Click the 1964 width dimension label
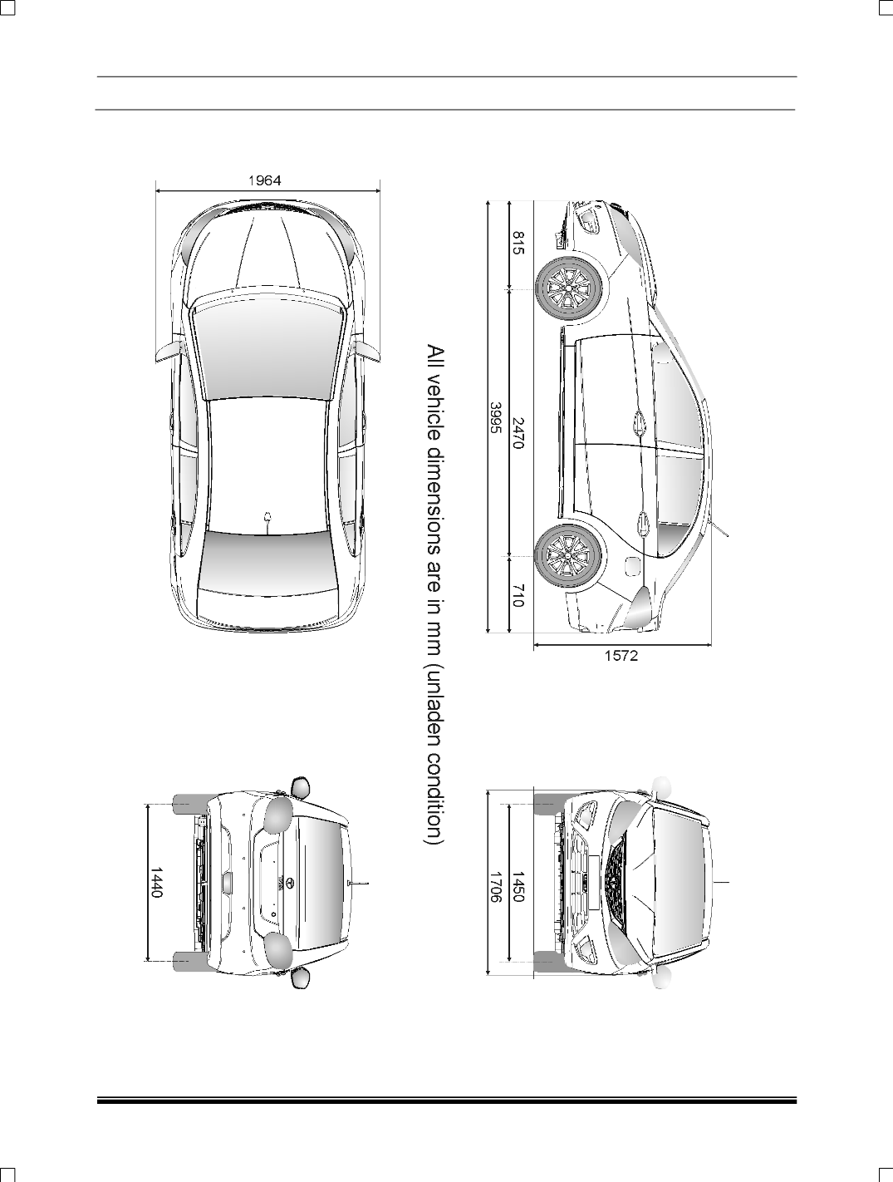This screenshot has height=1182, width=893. (264, 180)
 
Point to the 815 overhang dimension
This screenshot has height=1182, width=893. (518, 243)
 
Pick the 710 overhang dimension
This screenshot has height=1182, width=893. (517, 595)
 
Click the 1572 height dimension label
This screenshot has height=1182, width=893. (621, 655)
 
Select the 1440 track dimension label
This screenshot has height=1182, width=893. (155, 882)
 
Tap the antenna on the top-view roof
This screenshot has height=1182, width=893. (267, 520)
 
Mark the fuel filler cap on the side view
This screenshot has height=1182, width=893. (630, 565)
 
